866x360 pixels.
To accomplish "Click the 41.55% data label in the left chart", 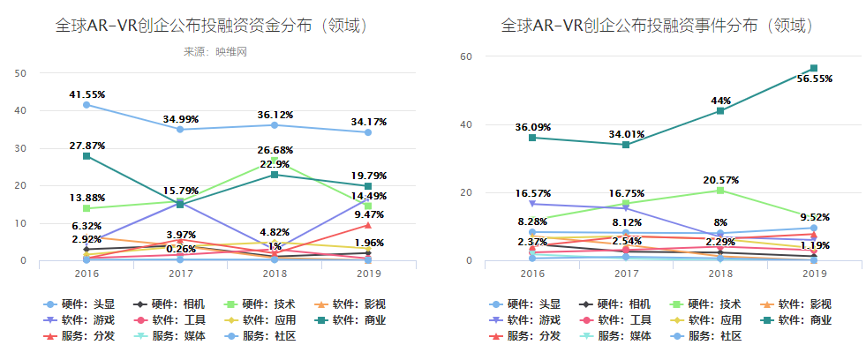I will pyautogui.click(x=86, y=94).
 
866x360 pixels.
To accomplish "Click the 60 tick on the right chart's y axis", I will pyautogui.click(x=468, y=56).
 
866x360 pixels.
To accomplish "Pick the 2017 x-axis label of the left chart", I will pyautogui.click(x=179, y=274).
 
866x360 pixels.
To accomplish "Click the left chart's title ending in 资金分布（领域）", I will pyautogui.click(x=211, y=26).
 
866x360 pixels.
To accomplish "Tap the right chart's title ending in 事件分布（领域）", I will pyautogui.click(x=657, y=26).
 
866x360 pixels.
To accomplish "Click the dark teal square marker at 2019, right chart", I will pyautogui.click(x=813, y=68).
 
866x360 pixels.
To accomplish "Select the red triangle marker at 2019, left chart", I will pyautogui.click(x=366, y=225).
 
